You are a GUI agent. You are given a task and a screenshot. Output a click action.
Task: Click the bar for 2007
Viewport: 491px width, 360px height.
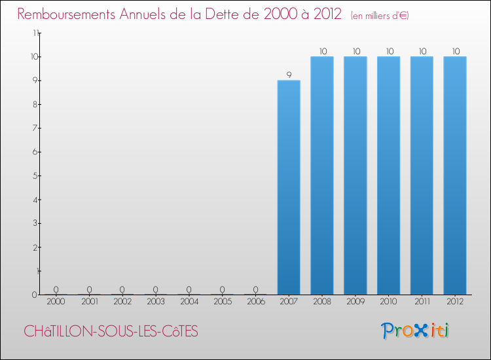[x=289, y=187]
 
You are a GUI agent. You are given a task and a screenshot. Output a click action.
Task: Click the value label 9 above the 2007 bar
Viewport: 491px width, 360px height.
[x=289, y=75]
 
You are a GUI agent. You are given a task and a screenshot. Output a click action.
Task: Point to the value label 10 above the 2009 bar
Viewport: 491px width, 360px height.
[x=355, y=51]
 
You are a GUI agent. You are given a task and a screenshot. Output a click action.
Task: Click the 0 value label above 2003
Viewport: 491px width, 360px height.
[x=156, y=289]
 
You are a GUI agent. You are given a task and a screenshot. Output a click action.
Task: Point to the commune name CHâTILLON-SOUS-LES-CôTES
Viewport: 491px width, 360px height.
[x=111, y=331]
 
